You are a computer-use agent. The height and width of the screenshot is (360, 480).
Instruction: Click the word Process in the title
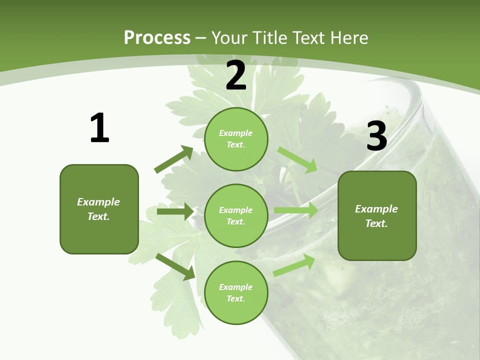pyautogui.click(x=157, y=37)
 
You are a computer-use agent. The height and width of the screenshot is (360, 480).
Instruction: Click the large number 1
pyautogui.click(x=99, y=128)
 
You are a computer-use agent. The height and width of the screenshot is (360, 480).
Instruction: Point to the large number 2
pyautogui.click(x=236, y=76)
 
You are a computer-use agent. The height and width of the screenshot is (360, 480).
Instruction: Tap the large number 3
pyautogui.click(x=376, y=136)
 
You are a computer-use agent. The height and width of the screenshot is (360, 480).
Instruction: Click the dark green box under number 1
pyautogui.click(x=99, y=209)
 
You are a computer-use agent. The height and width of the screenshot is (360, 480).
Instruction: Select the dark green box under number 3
pyautogui.click(x=377, y=216)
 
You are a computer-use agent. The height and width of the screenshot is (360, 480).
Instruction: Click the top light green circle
pyautogui.click(x=236, y=139)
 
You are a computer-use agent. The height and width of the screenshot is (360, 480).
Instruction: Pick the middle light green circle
pyautogui.click(x=236, y=215)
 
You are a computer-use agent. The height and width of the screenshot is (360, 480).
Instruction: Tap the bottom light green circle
pyautogui.click(x=236, y=292)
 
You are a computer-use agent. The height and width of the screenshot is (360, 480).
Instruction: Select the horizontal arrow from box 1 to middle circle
pyautogui.click(x=175, y=211)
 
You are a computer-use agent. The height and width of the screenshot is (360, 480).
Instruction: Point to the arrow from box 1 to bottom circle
pyautogui.click(x=175, y=266)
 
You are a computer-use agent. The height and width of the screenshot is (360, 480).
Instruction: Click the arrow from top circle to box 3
pyautogui.click(x=297, y=159)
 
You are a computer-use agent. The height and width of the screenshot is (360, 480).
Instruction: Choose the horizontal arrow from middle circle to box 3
pyautogui.click(x=295, y=210)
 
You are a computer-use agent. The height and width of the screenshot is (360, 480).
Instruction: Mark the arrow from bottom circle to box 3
pyautogui.click(x=294, y=265)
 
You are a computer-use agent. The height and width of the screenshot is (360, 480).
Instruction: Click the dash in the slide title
pyautogui.click(x=201, y=37)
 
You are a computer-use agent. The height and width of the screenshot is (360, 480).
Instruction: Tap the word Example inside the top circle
pyautogui.click(x=236, y=133)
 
